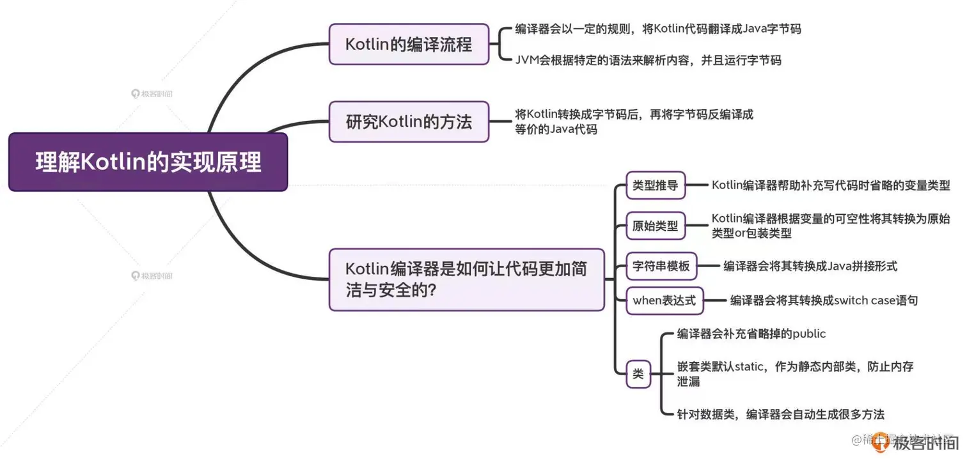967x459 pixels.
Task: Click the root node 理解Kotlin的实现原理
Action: pos(148,162)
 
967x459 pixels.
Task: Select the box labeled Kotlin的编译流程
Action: pos(409,44)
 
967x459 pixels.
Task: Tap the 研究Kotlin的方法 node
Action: pos(409,121)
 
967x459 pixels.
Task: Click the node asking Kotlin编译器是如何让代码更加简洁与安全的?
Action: pos(466,279)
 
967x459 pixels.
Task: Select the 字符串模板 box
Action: pos(661,266)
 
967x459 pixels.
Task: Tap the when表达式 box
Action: pos(664,300)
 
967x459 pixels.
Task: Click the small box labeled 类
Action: pos(638,375)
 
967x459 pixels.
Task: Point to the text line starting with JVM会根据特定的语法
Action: pos(648,61)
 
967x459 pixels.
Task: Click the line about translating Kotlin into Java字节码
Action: pos(657,29)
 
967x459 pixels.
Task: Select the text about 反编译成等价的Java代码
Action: pos(634,121)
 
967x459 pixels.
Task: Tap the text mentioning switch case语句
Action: pos(824,300)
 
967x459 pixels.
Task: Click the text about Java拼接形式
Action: pos(810,266)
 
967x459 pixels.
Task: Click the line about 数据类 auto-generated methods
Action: pos(780,414)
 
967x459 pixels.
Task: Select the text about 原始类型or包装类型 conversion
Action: pos(830,226)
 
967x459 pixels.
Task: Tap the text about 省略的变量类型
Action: pos(830,186)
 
